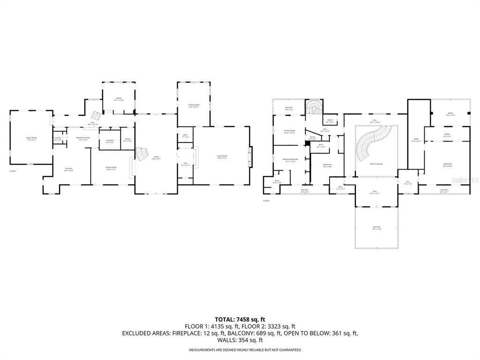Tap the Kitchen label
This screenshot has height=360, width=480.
(x=68, y=169)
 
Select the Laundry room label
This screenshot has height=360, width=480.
(x=110, y=141)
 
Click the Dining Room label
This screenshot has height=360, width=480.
(x=111, y=168)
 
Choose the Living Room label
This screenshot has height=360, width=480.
(x=222, y=157)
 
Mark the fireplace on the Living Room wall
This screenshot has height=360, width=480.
(x=250, y=154)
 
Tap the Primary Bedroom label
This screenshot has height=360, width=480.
(x=290, y=160)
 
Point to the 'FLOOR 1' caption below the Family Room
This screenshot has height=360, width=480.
(x=13, y=172)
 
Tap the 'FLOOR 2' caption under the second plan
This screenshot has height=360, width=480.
(x=266, y=201)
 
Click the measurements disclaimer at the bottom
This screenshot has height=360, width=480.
(x=245, y=350)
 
